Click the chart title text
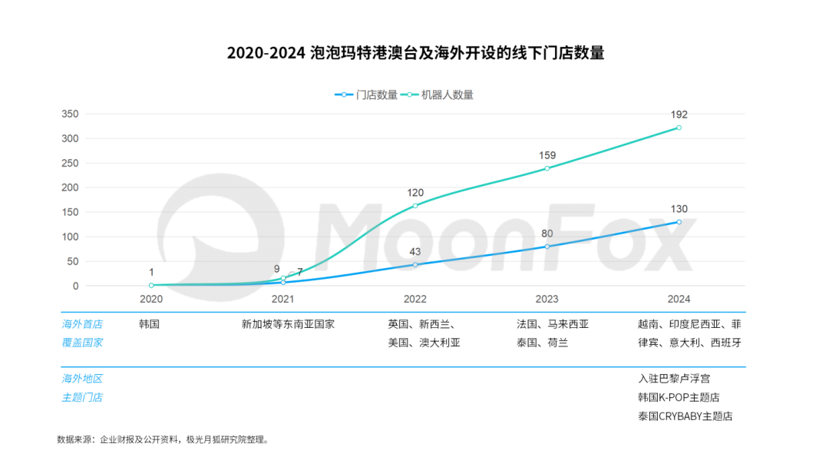(415, 54)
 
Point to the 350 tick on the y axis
(71, 114)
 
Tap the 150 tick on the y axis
(71, 212)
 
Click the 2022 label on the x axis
(415, 300)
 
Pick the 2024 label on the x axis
(679, 300)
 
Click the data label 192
(679, 114)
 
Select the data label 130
(679, 209)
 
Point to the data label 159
(547, 155)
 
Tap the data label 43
(415, 252)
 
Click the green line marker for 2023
(547, 168)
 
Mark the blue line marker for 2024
(679, 222)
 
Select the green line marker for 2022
(415, 206)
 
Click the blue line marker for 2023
(547, 246)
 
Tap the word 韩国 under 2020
(150, 324)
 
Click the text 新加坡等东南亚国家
(288, 324)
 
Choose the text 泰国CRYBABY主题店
(685, 416)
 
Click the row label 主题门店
(82, 398)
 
